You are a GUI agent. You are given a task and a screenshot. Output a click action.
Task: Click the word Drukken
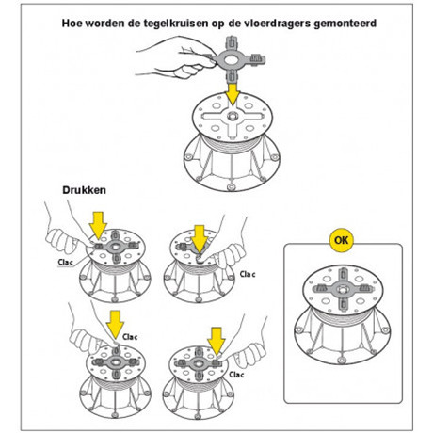coord(84,190)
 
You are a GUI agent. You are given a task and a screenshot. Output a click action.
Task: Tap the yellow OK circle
coord(342,240)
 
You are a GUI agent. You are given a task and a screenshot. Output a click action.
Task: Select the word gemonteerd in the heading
coord(345,24)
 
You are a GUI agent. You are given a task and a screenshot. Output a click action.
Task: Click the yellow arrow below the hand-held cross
coord(233,94)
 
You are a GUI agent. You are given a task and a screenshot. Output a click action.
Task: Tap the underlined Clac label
coord(65,262)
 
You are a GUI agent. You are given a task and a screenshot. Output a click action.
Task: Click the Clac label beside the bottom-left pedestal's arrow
coord(130,337)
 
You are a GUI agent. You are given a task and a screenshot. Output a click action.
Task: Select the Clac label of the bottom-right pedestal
coord(236,375)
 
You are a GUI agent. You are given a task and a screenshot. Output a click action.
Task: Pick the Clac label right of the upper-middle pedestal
coord(248,274)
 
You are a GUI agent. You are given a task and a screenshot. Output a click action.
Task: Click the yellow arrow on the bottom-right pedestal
coord(216,341)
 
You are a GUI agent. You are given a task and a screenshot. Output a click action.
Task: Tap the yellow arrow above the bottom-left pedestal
coord(115,325)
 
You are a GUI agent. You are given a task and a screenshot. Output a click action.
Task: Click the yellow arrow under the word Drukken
coord(98,225)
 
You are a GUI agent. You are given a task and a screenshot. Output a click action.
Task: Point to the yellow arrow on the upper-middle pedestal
coord(200,239)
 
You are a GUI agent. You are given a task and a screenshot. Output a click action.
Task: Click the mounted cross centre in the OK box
coord(343,289)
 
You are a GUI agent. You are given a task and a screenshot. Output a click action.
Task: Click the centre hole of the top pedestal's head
coord(233,117)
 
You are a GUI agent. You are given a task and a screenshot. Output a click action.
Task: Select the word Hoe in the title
coord(72,24)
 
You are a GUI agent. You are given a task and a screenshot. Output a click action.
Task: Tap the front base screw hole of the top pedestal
coord(232,187)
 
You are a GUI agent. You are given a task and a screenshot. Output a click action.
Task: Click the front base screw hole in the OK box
coord(342,360)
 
